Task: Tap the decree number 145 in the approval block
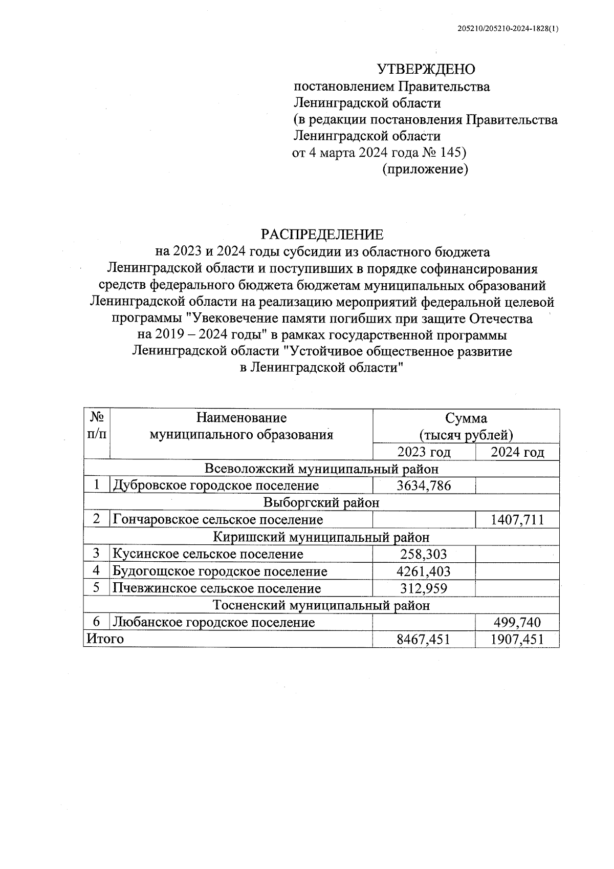coord(449,153)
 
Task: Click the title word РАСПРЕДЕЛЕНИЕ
coord(322,235)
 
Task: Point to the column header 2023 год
coord(424,452)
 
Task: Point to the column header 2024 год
coord(517,452)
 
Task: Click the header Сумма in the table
coord(466,418)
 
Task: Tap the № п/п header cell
coord(97,426)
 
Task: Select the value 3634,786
coord(424,485)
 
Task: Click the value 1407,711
coord(517,520)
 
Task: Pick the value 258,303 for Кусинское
coord(424,554)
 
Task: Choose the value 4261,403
coord(424,571)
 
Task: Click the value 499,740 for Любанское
coord(517,623)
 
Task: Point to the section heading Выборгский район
coord(321,503)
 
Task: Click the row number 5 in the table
coord(97,588)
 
